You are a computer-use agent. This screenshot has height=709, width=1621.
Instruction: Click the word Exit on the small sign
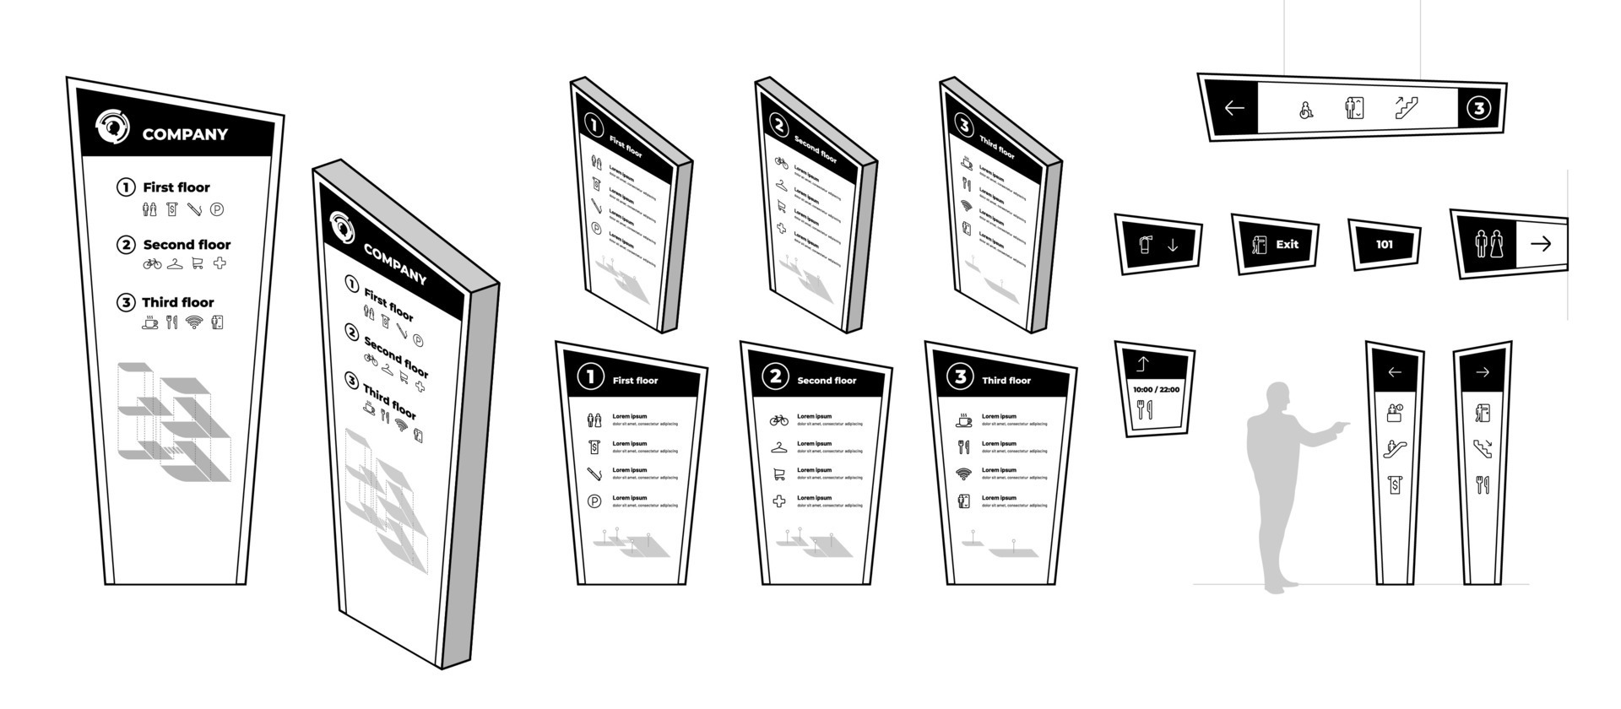tap(1287, 245)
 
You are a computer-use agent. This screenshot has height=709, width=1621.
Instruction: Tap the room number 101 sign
tap(1385, 245)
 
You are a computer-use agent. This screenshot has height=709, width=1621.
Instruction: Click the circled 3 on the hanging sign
tap(1478, 108)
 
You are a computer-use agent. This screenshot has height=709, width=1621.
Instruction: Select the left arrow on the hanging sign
tap(1234, 108)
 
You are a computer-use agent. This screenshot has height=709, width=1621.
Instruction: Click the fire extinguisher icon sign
tap(1146, 245)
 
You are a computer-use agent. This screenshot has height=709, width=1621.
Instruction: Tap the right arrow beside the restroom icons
tap(1541, 244)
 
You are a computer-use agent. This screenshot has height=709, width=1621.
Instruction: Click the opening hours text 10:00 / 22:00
tap(1156, 389)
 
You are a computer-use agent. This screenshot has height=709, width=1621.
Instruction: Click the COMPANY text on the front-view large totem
tap(185, 134)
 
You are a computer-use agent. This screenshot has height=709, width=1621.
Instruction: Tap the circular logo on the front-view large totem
tap(112, 127)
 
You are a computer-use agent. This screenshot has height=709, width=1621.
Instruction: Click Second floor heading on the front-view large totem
tap(187, 245)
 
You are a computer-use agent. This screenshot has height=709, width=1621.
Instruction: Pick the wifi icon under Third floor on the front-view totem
tap(194, 322)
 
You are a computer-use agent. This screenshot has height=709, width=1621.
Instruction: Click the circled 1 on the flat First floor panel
tap(590, 377)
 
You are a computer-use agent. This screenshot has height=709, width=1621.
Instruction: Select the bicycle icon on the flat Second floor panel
tap(778, 419)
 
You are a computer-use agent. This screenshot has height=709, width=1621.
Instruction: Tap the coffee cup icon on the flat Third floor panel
tap(963, 419)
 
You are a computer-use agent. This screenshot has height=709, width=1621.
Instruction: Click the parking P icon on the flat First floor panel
tap(594, 501)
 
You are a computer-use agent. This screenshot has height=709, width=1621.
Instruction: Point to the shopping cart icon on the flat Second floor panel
tap(778, 474)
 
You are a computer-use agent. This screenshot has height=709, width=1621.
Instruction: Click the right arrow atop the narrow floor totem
tap(1483, 372)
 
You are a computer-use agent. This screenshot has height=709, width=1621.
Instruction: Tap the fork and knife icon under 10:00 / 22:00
tap(1144, 410)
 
